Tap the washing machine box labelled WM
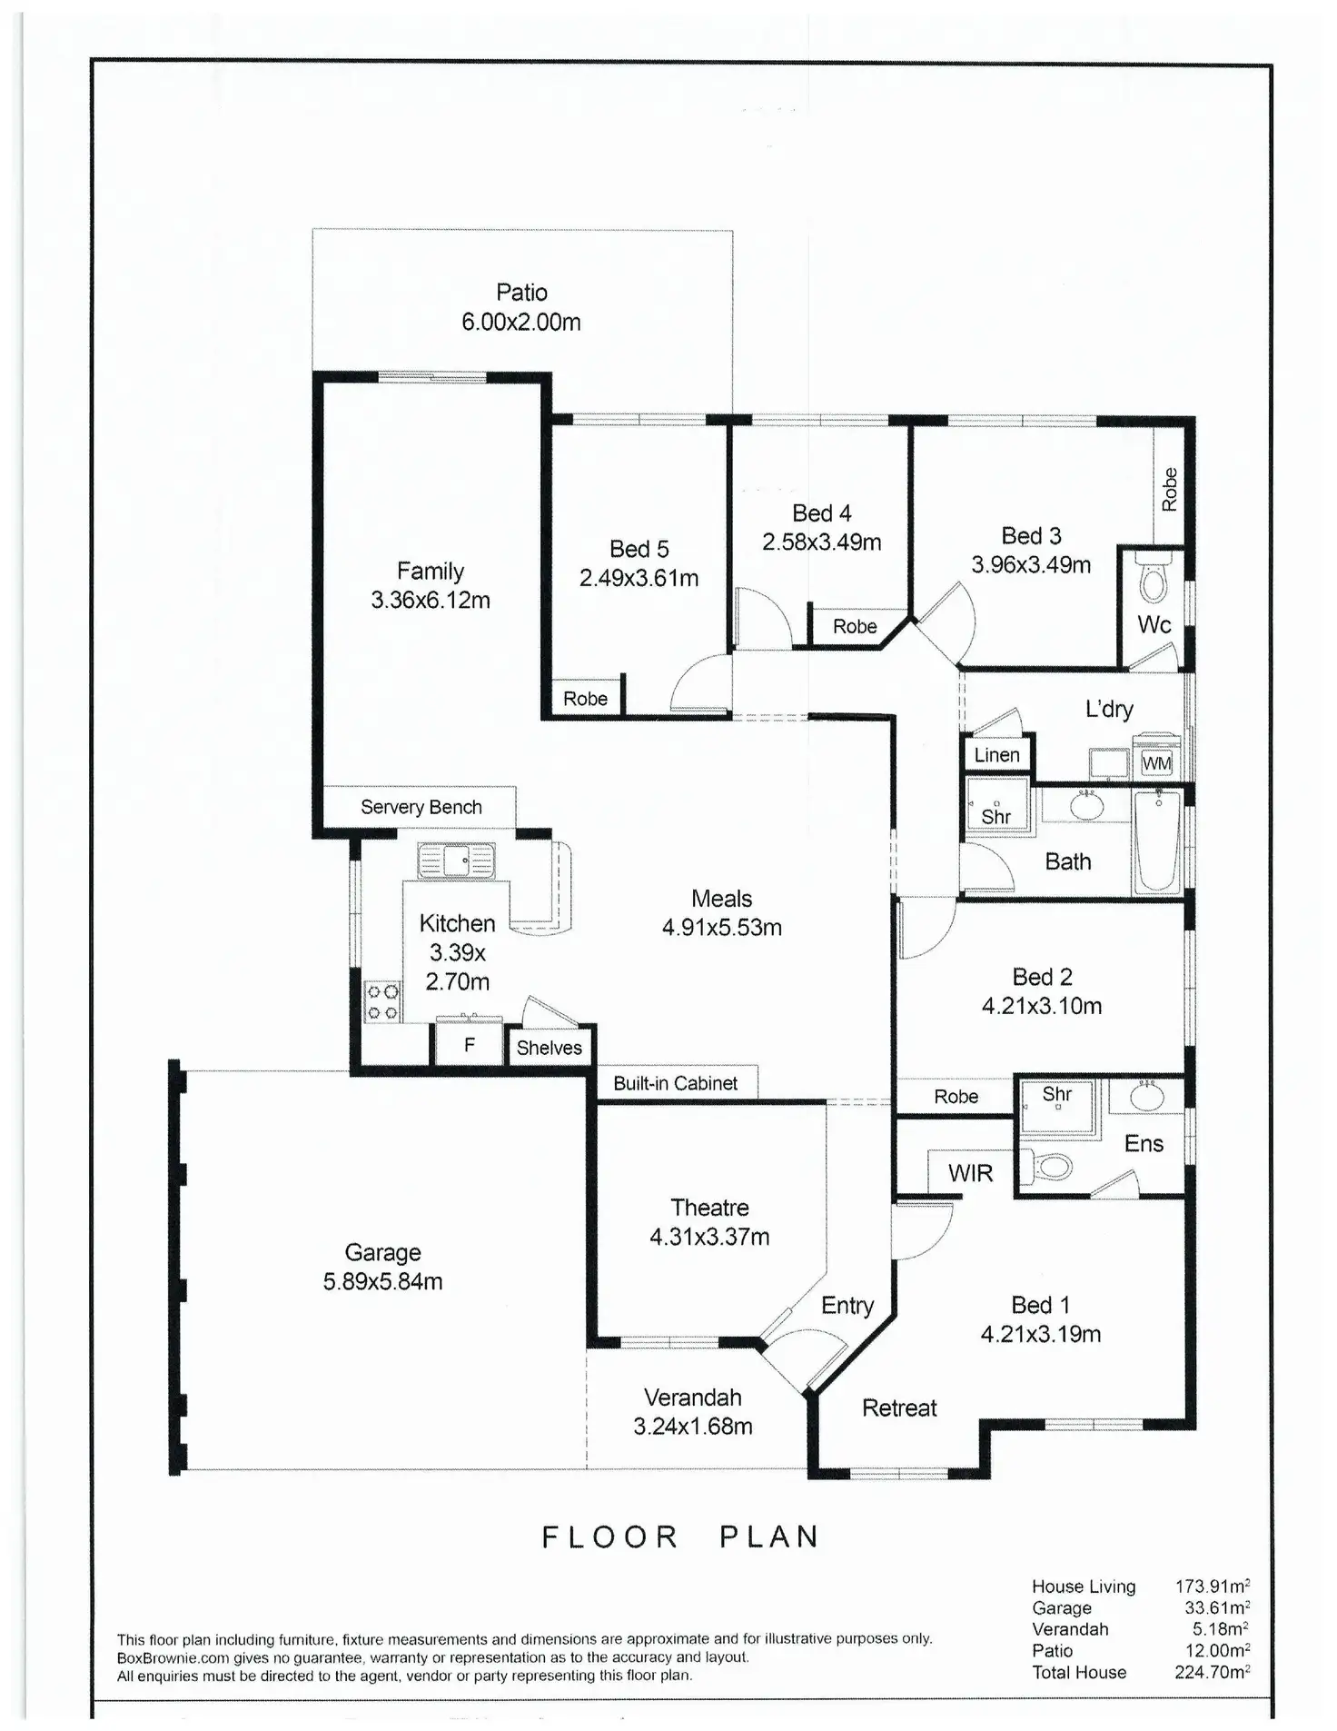tap(1156, 762)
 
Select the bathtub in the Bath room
tap(1157, 841)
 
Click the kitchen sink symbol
tap(456, 861)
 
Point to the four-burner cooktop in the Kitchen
tap(381, 1001)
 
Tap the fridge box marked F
tap(469, 1045)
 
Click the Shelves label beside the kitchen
tap(549, 1048)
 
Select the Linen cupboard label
tap(996, 755)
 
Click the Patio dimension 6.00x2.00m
tap(520, 322)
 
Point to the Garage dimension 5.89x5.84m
tap(382, 1281)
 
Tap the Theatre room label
tap(709, 1208)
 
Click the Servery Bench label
tap(421, 807)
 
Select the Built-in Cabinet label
tap(675, 1083)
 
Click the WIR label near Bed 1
tap(970, 1173)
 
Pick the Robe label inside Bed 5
tap(585, 699)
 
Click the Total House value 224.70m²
tap(1212, 1672)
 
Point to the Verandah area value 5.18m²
tap(1220, 1629)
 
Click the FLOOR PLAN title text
tap(680, 1537)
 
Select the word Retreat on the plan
tap(898, 1408)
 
